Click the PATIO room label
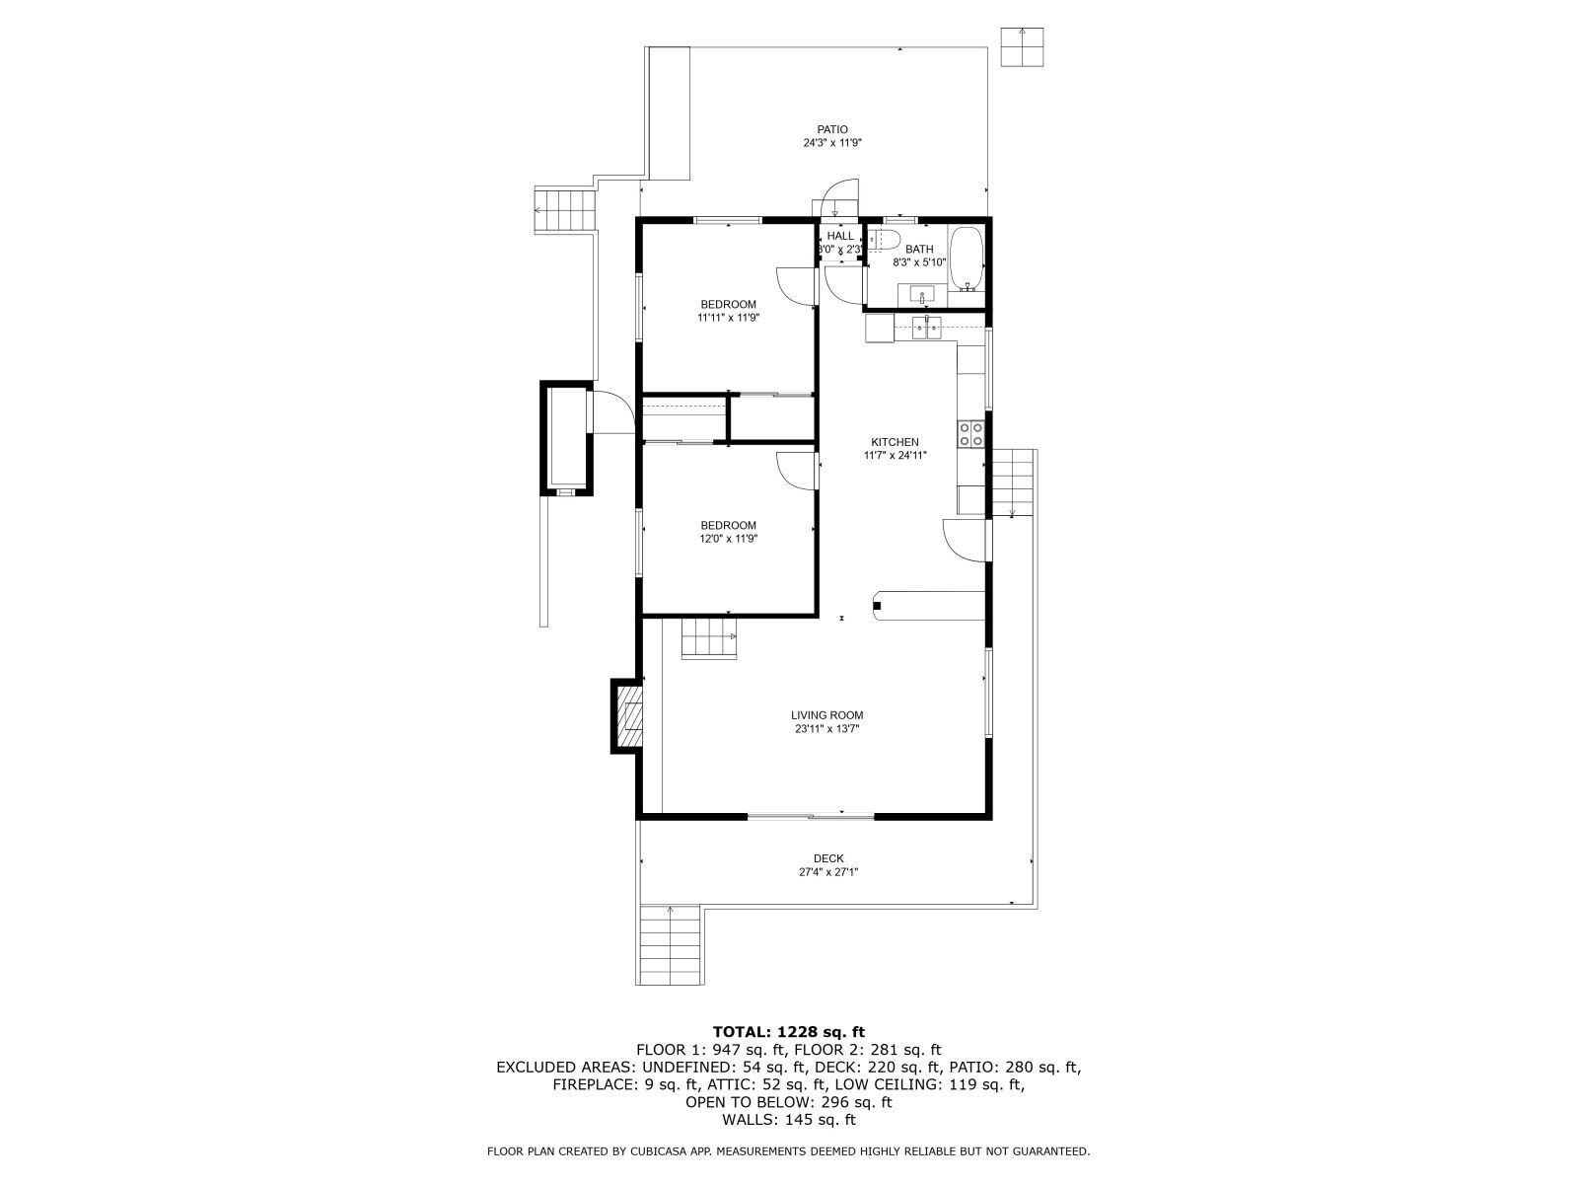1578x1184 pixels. tap(832, 129)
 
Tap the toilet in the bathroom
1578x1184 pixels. tap(883, 239)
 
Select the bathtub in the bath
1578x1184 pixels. tap(967, 259)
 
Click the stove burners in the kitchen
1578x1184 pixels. tap(970, 434)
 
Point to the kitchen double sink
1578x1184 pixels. tap(927, 328)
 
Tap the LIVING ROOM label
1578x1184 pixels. tap(826, 715)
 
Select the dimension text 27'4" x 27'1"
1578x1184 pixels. tap(828, 872)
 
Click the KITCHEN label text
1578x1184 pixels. tap(895, 442)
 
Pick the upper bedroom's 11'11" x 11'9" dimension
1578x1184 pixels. tap(728, 318)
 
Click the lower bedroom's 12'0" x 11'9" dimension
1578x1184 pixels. tap(728, 539)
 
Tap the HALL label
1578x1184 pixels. tap(840, 236)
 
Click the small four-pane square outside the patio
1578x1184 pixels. tap(1023, 46)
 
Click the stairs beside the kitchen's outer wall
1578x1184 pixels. tap(1013, 481)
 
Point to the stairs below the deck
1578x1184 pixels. tap(671, 944)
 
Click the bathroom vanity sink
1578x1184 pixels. tap(923, 294)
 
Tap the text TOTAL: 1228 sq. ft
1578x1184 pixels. tap(789, 1032)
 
